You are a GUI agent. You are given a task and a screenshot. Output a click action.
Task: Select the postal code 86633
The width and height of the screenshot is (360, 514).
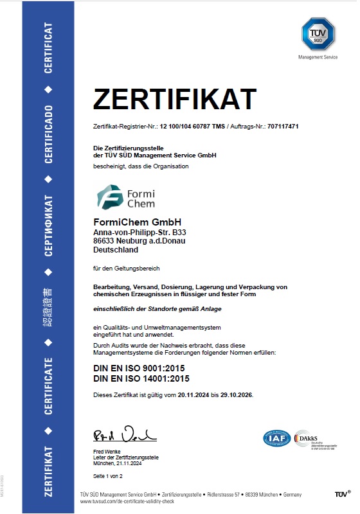click(104, 240)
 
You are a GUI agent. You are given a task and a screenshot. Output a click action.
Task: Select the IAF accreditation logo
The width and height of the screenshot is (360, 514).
click(277, 438)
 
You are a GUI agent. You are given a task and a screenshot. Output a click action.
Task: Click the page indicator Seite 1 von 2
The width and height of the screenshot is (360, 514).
click(107, 476)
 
